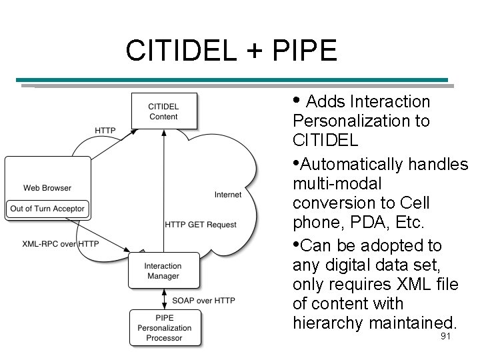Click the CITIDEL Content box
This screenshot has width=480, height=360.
pos(163,111)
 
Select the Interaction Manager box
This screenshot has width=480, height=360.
pos(163,271)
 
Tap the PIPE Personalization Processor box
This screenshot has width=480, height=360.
pos(164,327)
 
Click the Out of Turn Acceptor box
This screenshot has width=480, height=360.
pos(47,209)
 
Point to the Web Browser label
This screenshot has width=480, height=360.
pos(47,187)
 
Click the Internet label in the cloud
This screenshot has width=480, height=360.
pos(228,195)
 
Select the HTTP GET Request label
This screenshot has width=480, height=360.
pos(201,225)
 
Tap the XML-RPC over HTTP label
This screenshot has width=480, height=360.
pos(60,244)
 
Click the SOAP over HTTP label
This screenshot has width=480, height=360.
pos(203,301)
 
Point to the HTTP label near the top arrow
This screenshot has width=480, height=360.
pos(105,131)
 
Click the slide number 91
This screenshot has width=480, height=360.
pos(446,337)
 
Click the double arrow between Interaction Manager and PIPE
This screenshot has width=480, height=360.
pos(164,299)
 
